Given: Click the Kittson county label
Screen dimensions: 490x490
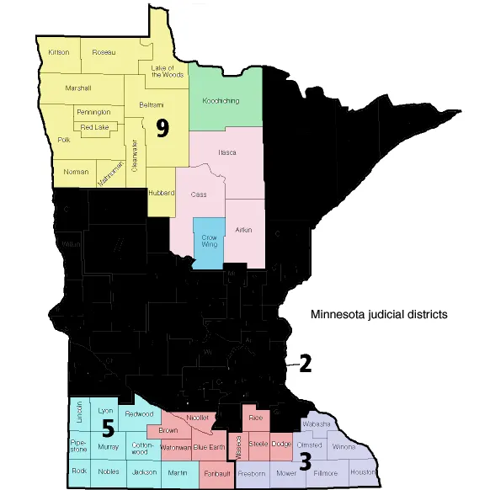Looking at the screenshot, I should [x=59, y=51].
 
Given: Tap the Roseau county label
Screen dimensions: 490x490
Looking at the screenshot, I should [x=104, y=51].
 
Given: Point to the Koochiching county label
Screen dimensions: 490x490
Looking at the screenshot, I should [x=221, y=101].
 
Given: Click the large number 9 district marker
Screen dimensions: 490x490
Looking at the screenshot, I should [x=162, y=127].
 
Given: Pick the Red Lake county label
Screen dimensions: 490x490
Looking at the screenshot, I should [x=93, y=127].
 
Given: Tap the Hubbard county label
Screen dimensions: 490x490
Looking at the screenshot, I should [x=161, y=193].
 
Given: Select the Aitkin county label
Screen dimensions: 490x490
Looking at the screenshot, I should [x=243, y=229].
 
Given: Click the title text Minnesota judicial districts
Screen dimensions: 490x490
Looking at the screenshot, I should [x=379, y=316].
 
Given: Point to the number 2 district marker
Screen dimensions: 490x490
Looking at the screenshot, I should [x=305, y=364].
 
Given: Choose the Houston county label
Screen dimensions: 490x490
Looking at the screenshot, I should [x=362, y=472].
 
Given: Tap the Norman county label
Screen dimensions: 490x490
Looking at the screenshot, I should [x=77, y=172].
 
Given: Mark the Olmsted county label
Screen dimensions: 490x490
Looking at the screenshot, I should [x=310, y=445].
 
